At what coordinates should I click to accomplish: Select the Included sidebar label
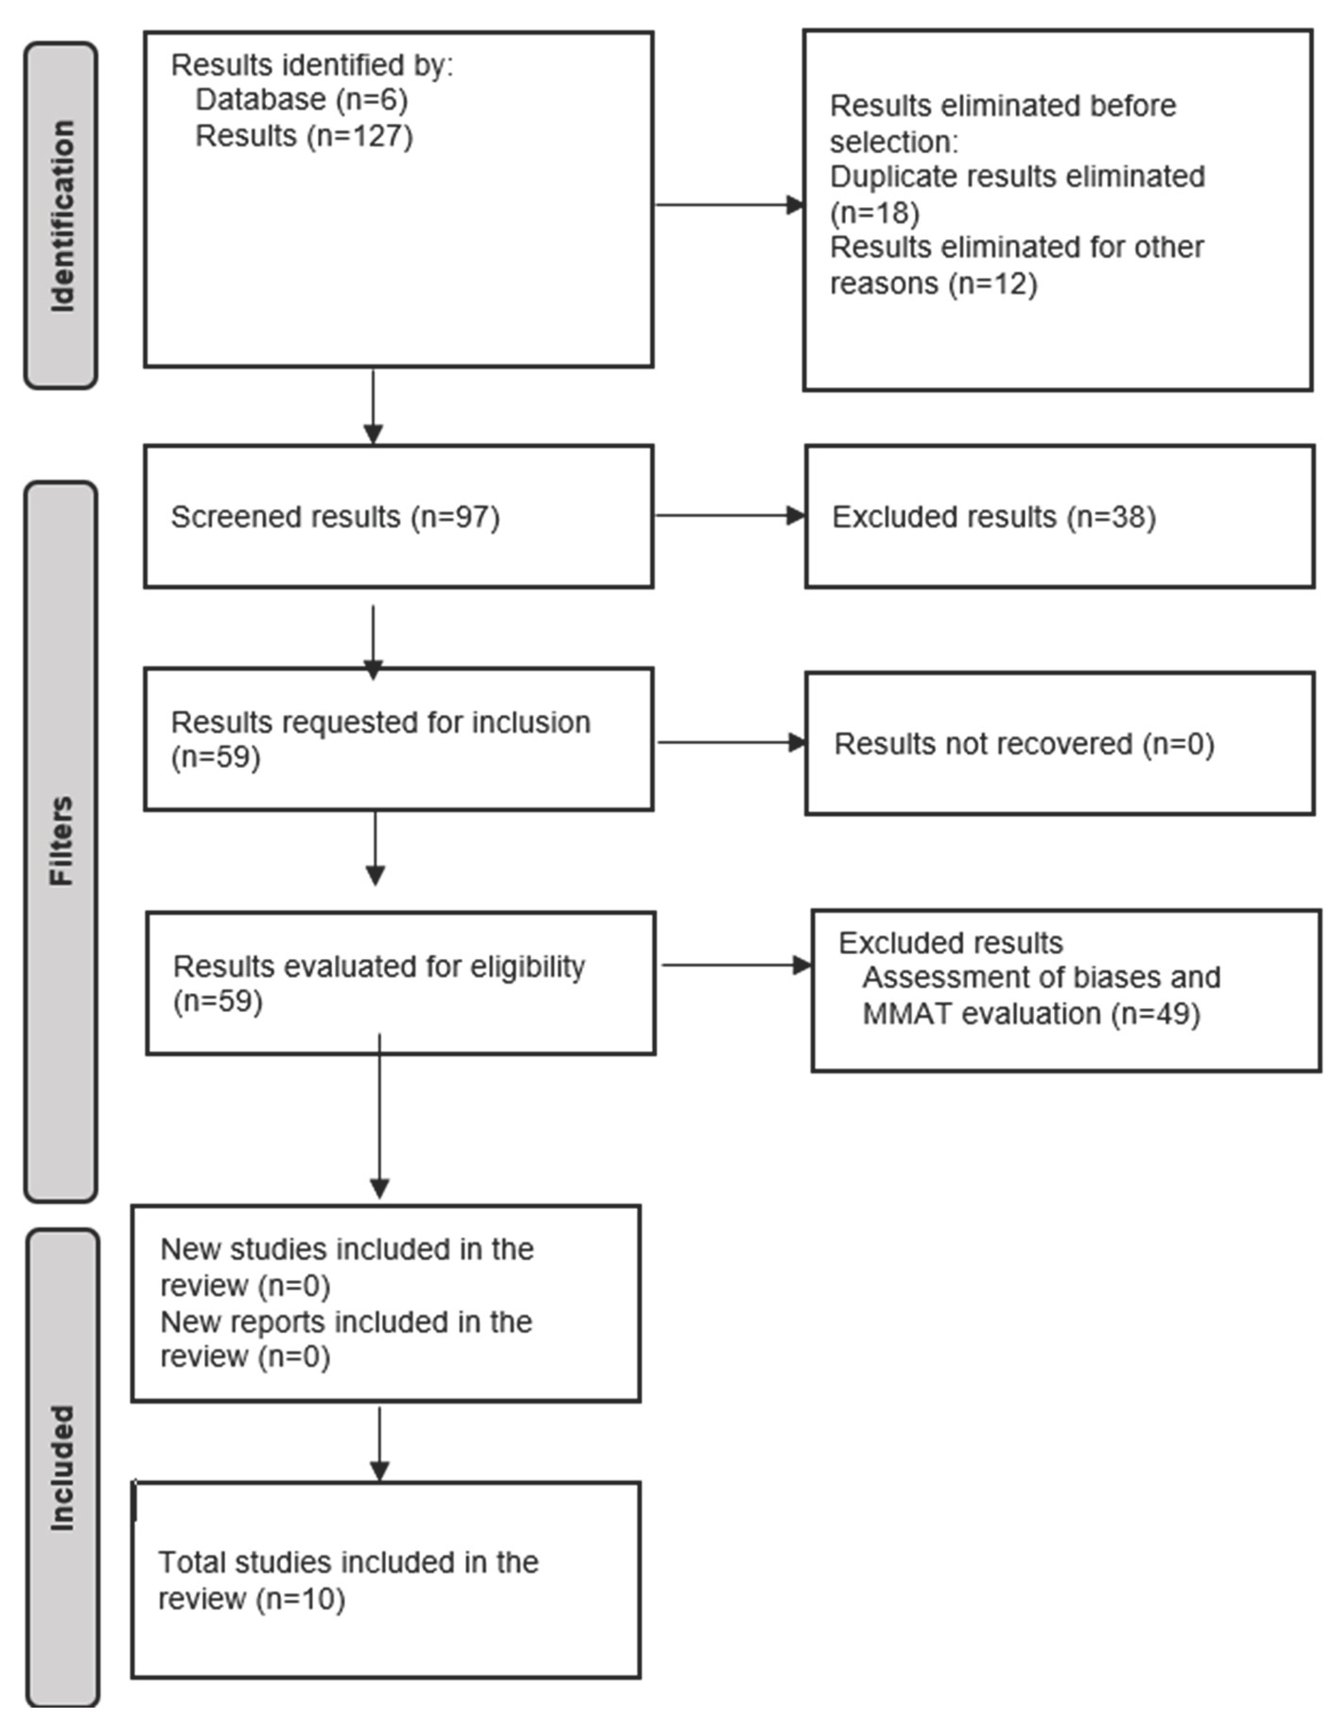(x=62, y=1468)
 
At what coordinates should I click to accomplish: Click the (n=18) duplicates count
(x=874, y=213)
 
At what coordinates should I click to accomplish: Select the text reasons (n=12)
(x=933, y=283)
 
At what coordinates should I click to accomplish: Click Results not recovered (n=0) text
(x=1023, y=744)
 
